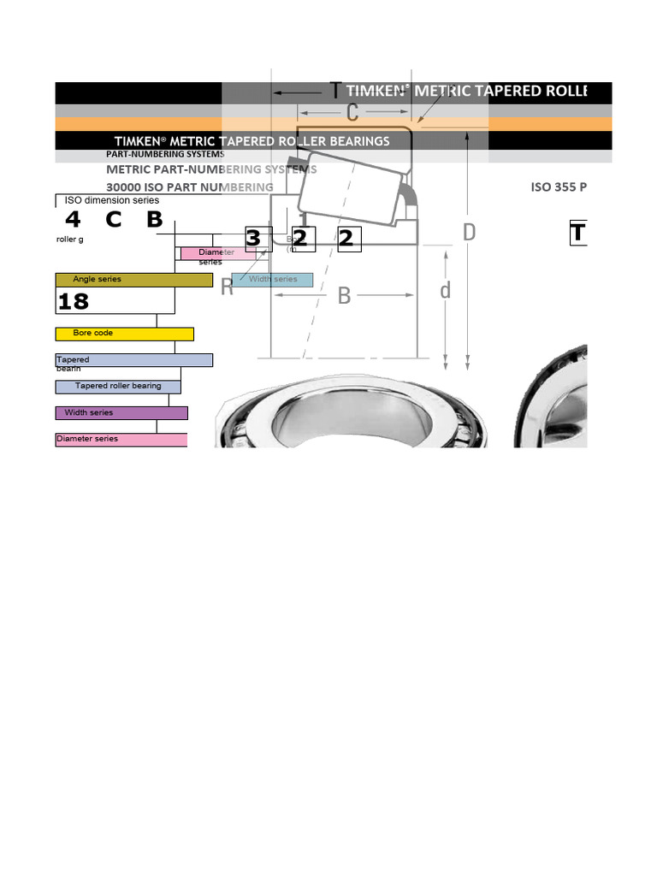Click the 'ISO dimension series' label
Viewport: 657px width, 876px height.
click(111, 200)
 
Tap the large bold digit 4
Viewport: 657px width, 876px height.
click(73, 220)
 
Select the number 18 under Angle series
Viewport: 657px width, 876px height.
click(74, 301)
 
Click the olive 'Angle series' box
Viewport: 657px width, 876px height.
click(133, 280)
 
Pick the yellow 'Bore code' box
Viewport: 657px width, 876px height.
click(124, 334)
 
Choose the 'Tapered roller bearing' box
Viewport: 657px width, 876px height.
click(118, 387)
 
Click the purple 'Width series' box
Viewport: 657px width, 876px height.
click(121, 413)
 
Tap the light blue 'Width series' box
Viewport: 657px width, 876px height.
click(272, 280)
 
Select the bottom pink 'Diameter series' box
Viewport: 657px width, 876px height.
click(121, 440)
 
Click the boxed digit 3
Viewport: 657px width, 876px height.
click(253, 239)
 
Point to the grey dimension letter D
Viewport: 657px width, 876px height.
click(469, 232)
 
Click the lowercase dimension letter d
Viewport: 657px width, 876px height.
click(445, 292)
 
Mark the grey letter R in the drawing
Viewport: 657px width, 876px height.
click(227, 287)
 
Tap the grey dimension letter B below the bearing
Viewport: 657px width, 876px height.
click(344, 296)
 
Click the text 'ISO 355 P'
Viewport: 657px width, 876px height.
click(559, 187)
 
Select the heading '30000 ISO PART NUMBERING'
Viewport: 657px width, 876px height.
click(189, 187)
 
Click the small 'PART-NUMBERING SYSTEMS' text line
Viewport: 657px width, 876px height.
click(165, 155)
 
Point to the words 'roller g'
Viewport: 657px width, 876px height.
click(70, 240)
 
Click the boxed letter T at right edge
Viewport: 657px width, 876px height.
click(579, 233)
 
